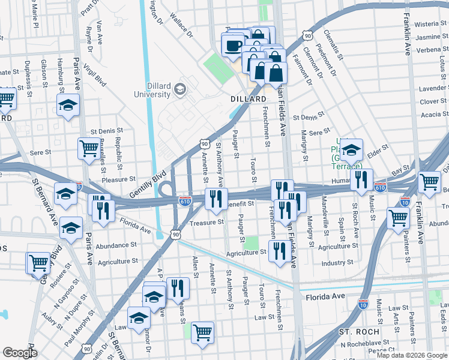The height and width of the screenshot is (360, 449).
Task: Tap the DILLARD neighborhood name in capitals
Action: point(248,99)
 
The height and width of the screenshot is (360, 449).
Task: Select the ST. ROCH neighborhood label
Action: point(359,332)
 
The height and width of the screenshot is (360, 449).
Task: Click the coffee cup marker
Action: point(233,45)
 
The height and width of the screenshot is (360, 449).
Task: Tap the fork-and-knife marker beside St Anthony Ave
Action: point(216,199)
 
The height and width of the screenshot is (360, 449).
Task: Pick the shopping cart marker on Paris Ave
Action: point(89,148)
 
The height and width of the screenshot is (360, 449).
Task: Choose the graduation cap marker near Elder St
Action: point(352,149)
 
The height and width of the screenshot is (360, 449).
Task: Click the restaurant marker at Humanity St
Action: point(361,180)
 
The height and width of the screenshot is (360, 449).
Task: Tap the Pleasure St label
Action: point(118,179)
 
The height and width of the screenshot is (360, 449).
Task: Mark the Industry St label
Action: point(337,263)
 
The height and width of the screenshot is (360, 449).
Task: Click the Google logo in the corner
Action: point(20,352)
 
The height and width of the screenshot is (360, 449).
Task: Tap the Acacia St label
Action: point(430,114)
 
